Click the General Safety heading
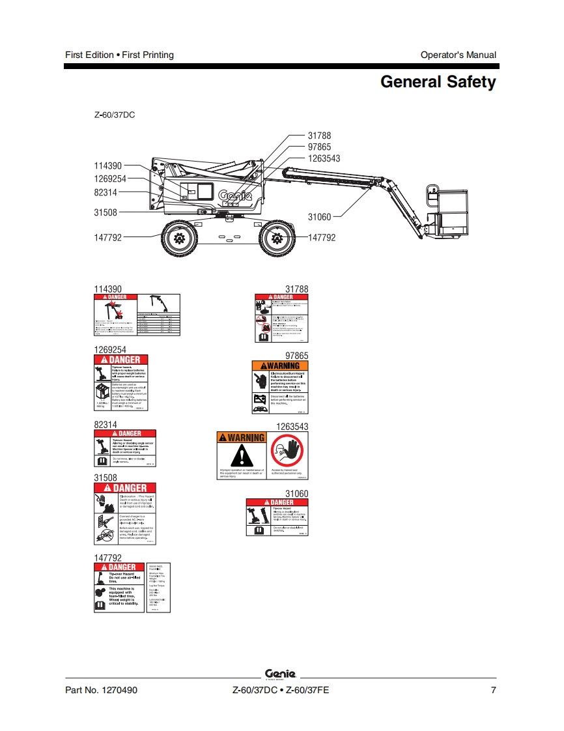point(438,82)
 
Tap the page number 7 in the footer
point(493,691)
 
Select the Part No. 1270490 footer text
point(101,691)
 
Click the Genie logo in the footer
point(281,674)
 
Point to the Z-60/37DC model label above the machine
point(115,115)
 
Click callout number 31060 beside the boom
point(320,217)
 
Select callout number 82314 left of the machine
point(106,192)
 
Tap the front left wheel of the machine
point(178,238)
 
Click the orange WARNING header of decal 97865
point(280,365)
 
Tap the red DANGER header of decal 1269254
point(121,360)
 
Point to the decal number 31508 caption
point(106,478)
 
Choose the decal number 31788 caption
point(296,289)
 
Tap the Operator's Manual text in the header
point(458,55)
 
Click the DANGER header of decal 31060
point(277,502)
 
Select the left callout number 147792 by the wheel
point(107,238)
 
